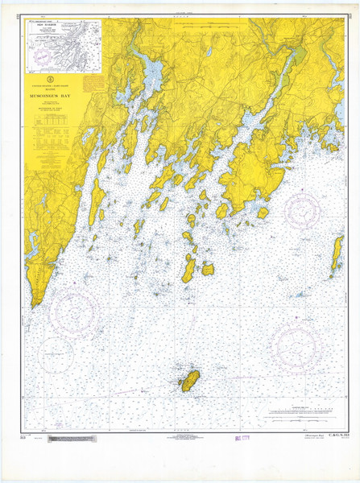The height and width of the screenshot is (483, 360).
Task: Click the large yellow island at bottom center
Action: tap(191, 381)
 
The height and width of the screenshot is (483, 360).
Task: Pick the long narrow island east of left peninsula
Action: tap(94, 200)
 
